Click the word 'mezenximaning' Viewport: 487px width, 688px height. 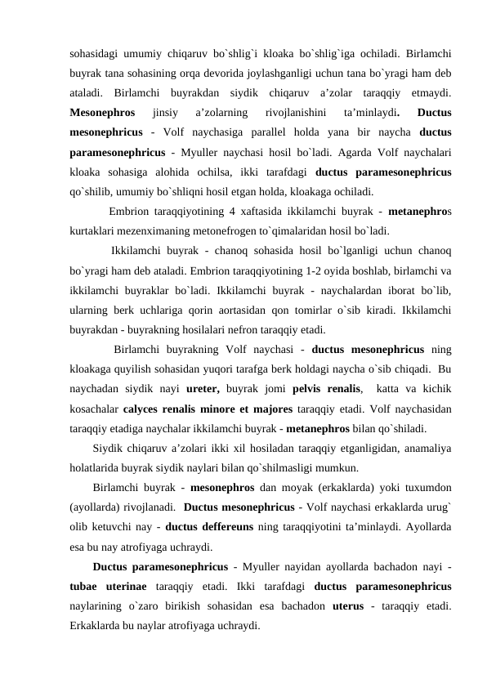coord(153,230)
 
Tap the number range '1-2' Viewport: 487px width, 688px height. coord(243,271)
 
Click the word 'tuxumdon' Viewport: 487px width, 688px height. coord(427,489)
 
